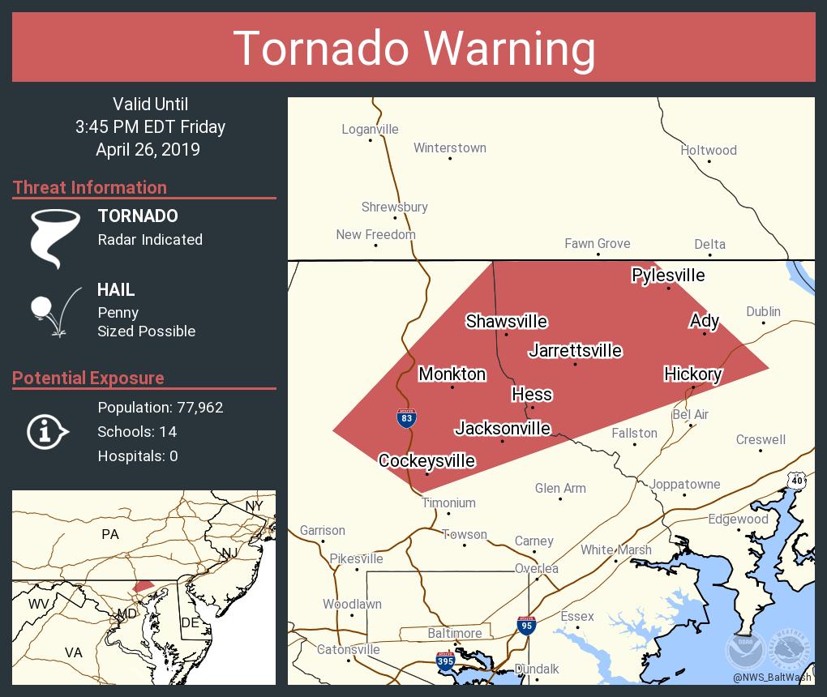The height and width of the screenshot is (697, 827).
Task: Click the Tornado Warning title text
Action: pos(413,48)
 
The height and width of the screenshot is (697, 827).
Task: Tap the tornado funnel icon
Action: pos(55,237)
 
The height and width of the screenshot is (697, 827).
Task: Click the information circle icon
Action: pos(48,432)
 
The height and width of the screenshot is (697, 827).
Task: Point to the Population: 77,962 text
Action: pos(160,408)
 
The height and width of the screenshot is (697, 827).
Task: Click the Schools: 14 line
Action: pos(137,432)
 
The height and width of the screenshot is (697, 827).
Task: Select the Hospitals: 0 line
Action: pos(137,456)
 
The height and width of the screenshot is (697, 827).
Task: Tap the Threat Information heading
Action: pos(90,187)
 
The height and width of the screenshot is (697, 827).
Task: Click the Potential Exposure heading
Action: pos(88,378)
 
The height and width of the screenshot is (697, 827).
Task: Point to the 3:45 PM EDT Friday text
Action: pos(150,127)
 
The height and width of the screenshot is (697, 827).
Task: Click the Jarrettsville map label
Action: pos(575,350)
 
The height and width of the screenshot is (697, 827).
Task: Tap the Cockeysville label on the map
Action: pos(426,461)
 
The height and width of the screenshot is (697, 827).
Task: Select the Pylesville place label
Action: pos(668,276)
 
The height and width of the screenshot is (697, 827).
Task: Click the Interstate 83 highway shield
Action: pos(407,418)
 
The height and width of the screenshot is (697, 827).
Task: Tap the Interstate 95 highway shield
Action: pos(526,626)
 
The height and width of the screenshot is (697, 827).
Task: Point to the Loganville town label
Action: pos(370,129)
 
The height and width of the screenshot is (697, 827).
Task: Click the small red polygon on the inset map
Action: pos(143,585)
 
